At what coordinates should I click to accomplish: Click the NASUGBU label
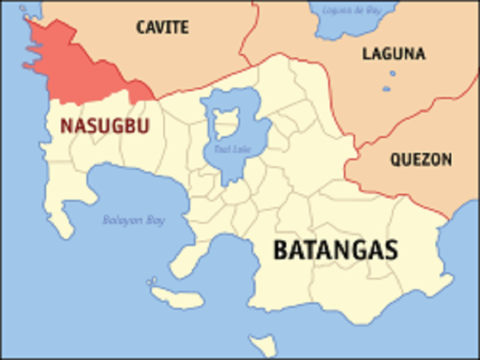104,126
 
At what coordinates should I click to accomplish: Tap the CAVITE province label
162,27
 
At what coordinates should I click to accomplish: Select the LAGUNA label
394,54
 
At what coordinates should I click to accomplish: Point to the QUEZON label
421,160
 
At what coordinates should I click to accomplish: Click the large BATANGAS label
336,250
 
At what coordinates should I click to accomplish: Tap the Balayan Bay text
134,220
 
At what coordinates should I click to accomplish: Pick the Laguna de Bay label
352,10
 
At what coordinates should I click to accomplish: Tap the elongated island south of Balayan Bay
177,298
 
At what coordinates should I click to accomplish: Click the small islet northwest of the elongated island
152,282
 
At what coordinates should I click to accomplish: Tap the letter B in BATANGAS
281,250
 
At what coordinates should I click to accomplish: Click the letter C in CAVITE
142,27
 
